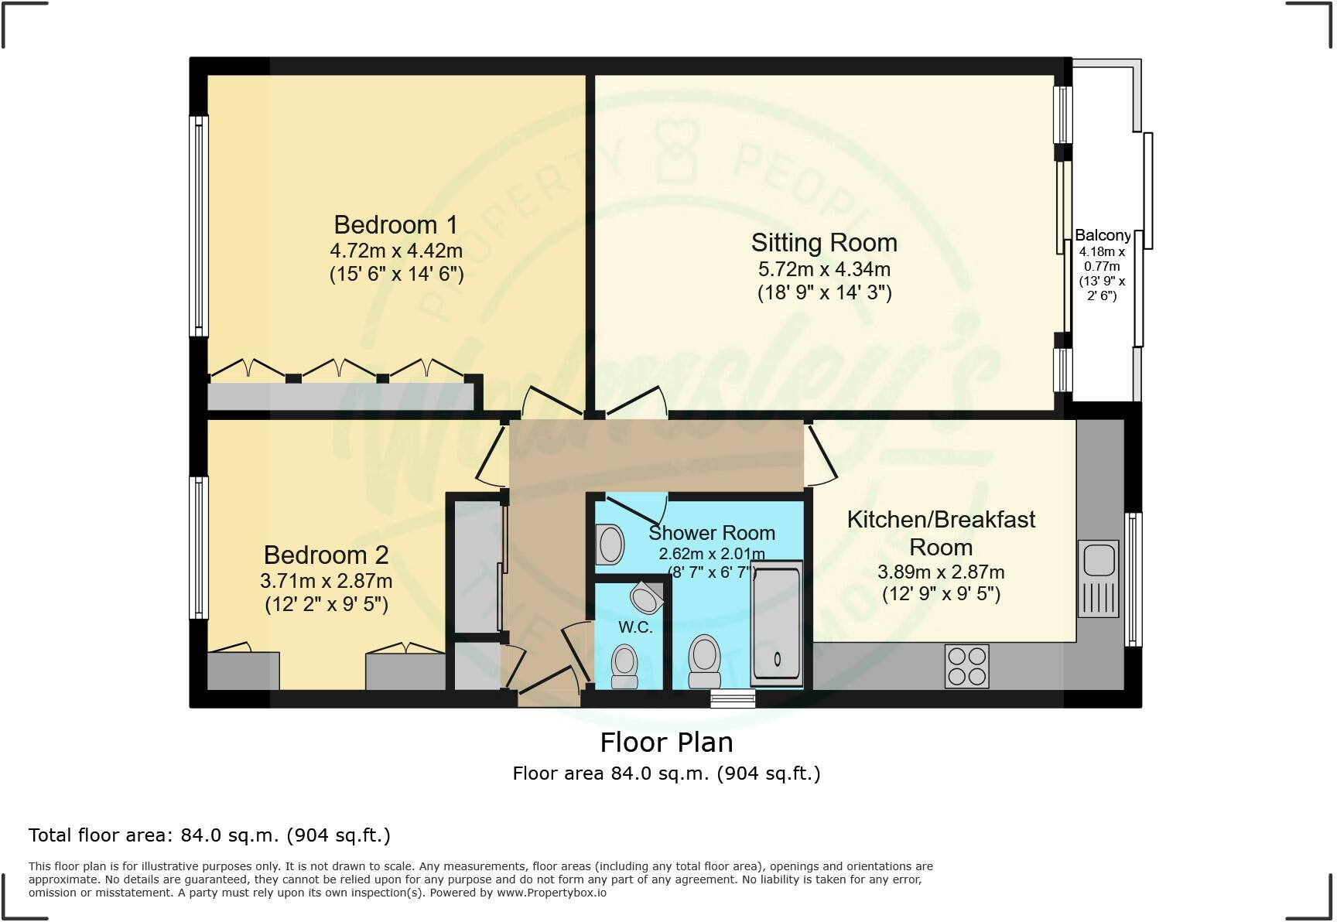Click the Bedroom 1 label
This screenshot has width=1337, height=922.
395,225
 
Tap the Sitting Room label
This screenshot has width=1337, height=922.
824,243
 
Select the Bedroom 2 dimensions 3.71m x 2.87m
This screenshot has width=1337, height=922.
327,580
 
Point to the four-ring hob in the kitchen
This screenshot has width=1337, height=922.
966,665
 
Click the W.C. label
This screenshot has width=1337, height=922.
635,627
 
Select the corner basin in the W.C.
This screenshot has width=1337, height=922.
647,597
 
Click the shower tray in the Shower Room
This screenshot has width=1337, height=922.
777,623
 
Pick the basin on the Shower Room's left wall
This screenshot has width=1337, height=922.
610,544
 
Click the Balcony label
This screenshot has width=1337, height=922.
1103,235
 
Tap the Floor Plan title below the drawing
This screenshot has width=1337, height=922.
666,743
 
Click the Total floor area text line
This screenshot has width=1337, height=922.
209,835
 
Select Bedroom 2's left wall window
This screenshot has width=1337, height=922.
199,547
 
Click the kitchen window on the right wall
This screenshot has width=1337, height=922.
1133,579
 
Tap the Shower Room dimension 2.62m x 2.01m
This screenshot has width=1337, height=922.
711,554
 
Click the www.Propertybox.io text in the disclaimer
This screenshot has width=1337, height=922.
552,893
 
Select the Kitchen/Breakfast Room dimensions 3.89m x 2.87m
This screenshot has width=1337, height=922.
941,572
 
